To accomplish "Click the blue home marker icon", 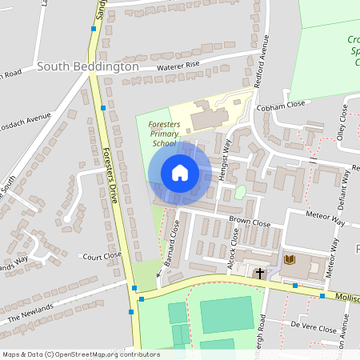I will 179,173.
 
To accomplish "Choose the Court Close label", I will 102,257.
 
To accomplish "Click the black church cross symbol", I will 259,274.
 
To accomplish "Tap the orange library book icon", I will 290,259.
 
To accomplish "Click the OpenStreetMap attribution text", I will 80,354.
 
